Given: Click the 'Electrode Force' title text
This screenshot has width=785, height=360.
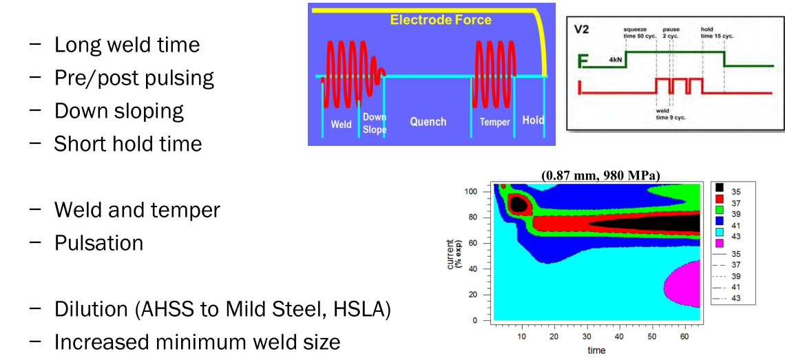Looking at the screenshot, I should click(x=441, y=19).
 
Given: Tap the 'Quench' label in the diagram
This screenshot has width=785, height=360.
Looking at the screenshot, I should click(x=428, y=122).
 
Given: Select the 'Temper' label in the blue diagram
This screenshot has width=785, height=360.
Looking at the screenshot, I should click(x=494, y=123).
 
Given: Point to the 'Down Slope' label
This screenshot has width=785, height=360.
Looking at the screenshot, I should click(x=375, y=123).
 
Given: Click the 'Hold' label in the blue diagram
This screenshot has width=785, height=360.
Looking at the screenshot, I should click(x=533, y=120).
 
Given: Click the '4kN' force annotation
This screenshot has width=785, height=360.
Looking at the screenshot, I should click(x=615, y=60).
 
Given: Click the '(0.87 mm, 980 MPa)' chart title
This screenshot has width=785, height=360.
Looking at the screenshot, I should click(x=600, y=176).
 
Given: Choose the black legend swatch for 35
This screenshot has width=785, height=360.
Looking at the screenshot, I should click(x=719, y=187).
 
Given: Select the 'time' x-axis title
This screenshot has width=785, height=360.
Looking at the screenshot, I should click(x=596, y=350).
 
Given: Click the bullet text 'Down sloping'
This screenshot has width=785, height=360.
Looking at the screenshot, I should click(x=119, y=111).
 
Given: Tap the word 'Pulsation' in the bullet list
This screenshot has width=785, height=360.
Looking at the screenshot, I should click(x=99, y=243).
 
